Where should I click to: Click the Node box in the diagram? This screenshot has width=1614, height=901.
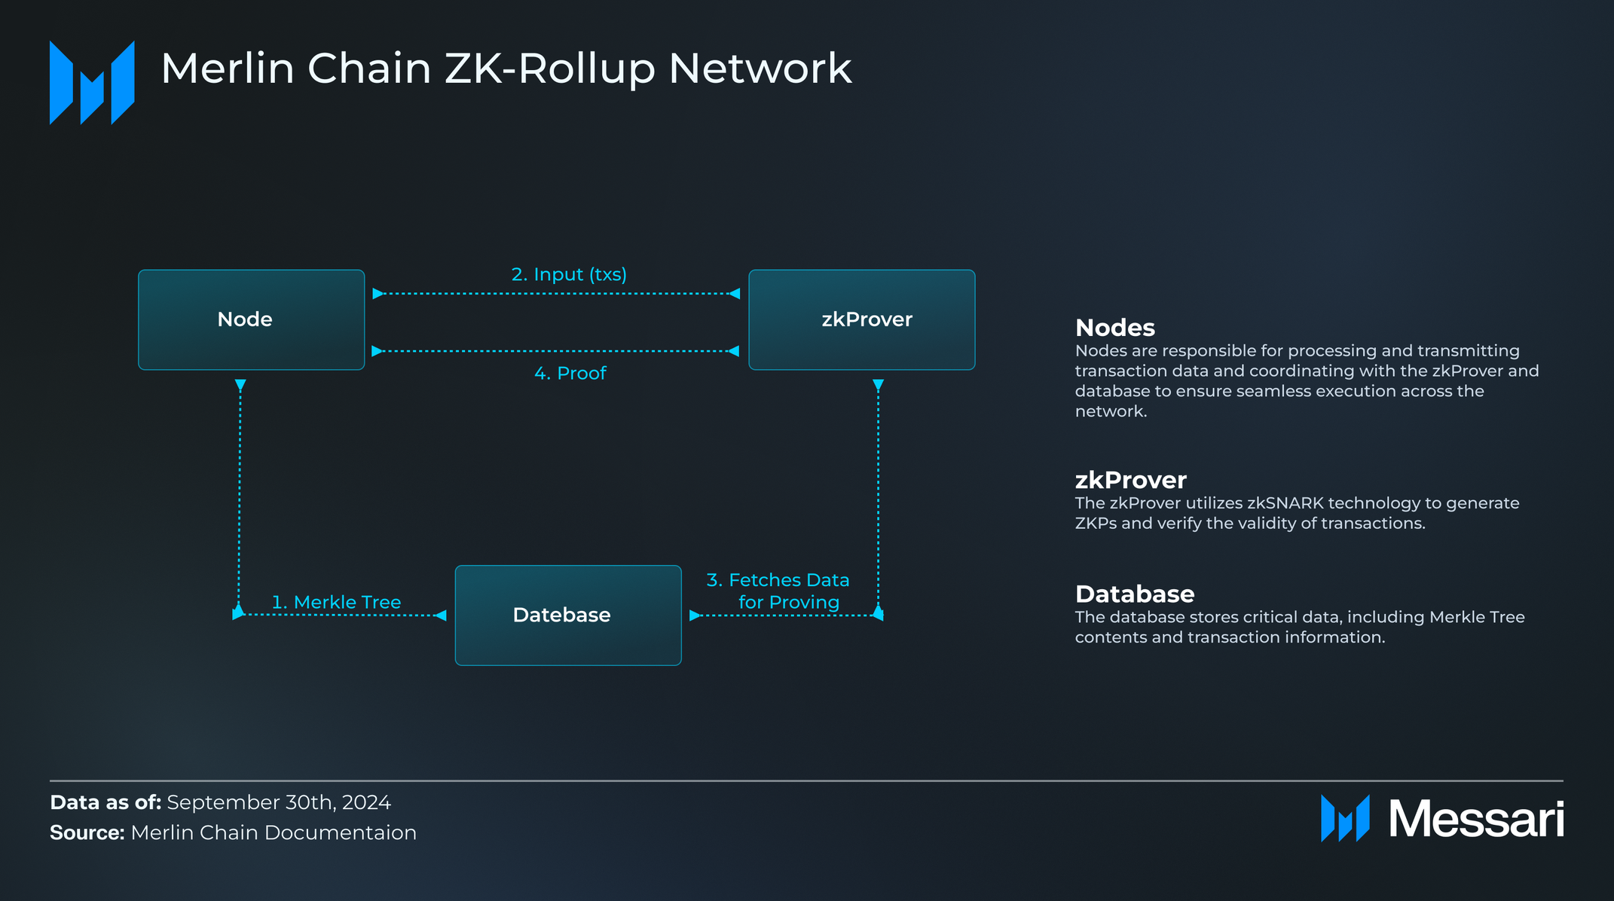251,319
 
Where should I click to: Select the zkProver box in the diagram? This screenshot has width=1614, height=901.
861,319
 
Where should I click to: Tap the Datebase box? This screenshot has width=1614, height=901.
567,615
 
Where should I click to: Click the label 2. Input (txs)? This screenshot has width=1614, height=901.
569,274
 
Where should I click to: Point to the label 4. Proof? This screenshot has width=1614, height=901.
570,373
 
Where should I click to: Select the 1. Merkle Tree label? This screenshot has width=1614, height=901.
336,602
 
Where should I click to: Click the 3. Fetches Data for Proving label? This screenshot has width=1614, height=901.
778,591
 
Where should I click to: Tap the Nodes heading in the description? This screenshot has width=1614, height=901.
1114,328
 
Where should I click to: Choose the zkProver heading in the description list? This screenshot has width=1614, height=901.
1130,480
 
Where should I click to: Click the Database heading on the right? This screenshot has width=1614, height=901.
1134,594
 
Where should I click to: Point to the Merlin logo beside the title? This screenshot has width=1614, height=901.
92,83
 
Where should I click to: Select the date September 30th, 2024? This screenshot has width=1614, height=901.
278,802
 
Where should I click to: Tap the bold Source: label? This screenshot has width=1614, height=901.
87,832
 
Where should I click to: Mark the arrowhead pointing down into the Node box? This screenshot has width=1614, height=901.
240,385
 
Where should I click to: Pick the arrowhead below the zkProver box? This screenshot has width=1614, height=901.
878,385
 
